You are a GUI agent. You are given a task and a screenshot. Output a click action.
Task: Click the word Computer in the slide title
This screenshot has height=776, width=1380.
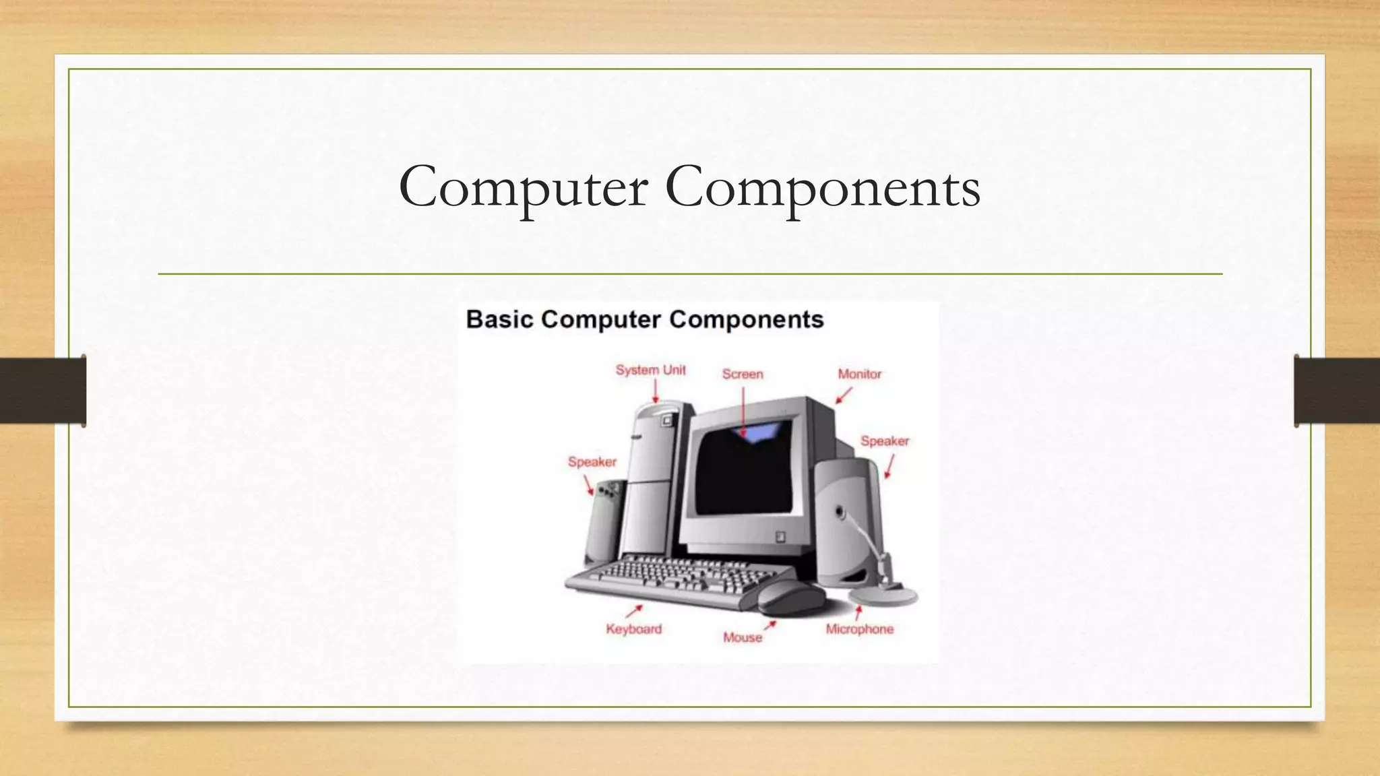tap(523, 187)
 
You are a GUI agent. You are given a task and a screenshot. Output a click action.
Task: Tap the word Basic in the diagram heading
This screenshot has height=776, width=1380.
tap(499, 319)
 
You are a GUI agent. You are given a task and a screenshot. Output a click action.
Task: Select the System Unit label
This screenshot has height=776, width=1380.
tap(650, 370)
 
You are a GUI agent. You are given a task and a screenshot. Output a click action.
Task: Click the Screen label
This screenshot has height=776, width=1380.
tap(743, 374)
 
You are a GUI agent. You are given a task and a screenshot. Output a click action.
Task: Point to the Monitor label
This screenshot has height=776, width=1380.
tap(859, 374)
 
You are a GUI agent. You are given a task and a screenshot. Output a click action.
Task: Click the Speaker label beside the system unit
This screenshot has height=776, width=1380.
tap(592, 462)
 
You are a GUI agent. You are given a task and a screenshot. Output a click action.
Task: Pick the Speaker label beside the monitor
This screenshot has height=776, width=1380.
tap(884, 441)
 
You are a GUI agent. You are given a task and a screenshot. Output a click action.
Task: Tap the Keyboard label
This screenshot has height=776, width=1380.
tap(633, 629)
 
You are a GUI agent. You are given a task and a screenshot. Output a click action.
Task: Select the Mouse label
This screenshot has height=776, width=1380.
tap(742, 637)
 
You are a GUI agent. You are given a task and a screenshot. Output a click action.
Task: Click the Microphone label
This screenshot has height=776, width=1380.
tap(859, 629)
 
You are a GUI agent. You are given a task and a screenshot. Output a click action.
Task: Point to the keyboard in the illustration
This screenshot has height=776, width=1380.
tap(674, 579)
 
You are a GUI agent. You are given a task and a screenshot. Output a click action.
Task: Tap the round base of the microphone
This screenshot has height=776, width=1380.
tap(883, 596)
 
